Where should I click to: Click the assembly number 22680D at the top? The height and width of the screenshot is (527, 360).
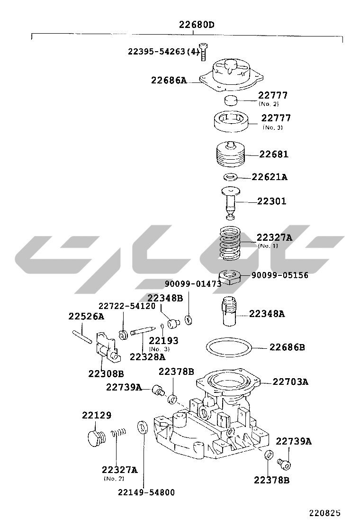(197, 25)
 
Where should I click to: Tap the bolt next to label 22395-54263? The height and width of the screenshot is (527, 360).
(203, 52)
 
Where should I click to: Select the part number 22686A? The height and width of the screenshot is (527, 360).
(169, 80)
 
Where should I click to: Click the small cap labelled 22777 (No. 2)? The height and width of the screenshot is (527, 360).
(230, 100)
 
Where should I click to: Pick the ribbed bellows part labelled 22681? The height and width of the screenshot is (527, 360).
(230, 154)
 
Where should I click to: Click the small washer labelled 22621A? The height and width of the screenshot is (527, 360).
(230, 176)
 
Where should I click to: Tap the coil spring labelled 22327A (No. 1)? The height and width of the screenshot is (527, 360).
(230, 243)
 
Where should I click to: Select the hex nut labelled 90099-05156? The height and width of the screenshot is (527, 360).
(230, 277)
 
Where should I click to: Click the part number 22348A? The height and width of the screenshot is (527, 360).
(267, 314)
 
